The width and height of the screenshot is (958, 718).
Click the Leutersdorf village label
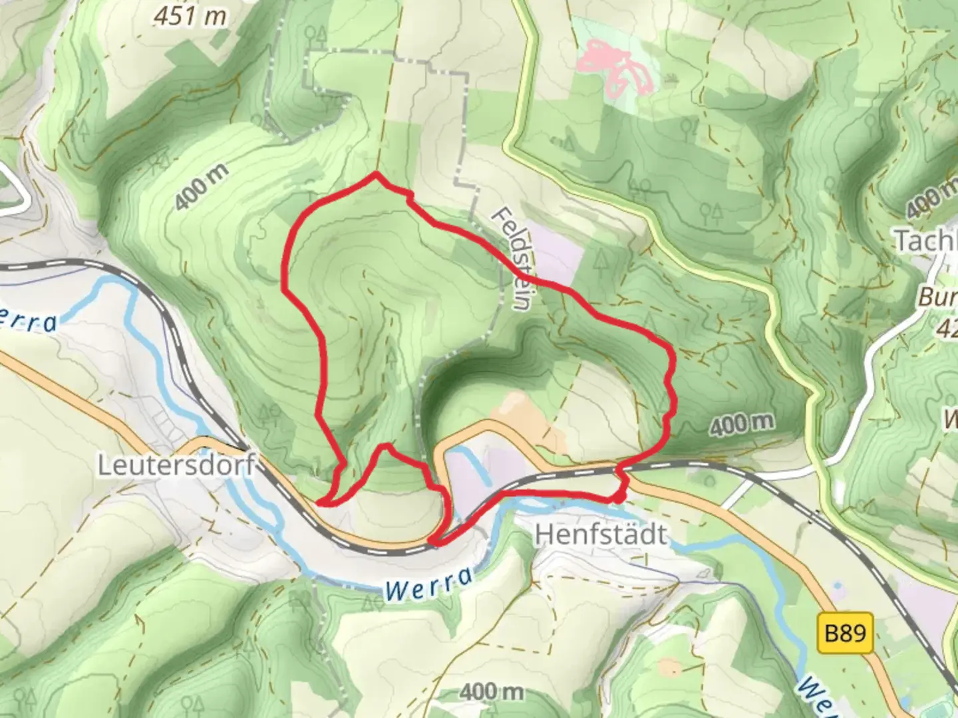tap(176, 465)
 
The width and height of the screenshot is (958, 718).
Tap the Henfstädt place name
tap(601, 534)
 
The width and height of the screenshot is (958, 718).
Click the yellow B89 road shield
tap(845, 632)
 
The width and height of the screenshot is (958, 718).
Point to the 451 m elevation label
tap(190, 16)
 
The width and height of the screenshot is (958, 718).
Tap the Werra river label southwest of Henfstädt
tap(429, 584)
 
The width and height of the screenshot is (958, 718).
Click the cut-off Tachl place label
tap(925, 241)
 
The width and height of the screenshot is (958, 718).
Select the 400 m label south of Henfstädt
tap(491, 691)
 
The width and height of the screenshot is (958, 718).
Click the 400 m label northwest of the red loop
tap(203, 188)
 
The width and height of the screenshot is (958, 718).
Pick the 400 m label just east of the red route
tap(741, 423)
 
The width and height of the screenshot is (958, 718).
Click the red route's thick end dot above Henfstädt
tap(618, 497)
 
